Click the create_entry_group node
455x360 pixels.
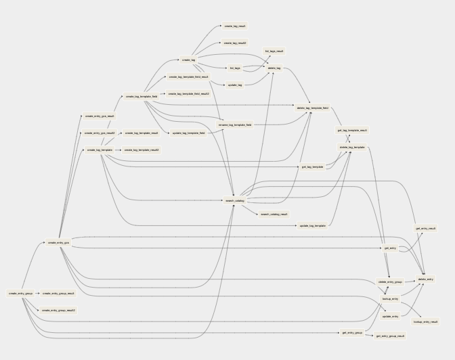pos(20,294)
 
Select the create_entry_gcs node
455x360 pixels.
pos(58,242)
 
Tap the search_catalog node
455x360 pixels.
pos(235,200)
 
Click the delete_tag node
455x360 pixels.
pos(274,68)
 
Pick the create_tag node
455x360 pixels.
pos(189,60)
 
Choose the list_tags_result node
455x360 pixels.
pos(274,51)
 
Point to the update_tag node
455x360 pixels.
pos(235,85)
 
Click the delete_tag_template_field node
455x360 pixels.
pos(312,108)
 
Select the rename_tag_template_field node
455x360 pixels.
pos(235,125)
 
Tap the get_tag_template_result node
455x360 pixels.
pos(352,130)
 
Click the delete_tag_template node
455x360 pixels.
pos(352,147)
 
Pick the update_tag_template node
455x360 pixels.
pos(312,225)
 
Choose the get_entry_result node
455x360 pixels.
pos(425,228)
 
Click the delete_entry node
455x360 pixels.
pos(425,279)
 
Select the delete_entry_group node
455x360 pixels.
pos(390,282)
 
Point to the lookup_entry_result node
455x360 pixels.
pos(425,321)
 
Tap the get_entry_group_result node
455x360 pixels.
pos(390,336)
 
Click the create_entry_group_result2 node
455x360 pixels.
pos(58,311)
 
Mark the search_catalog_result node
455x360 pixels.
pos(274,214)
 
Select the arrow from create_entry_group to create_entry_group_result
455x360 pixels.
pos(37,294)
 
